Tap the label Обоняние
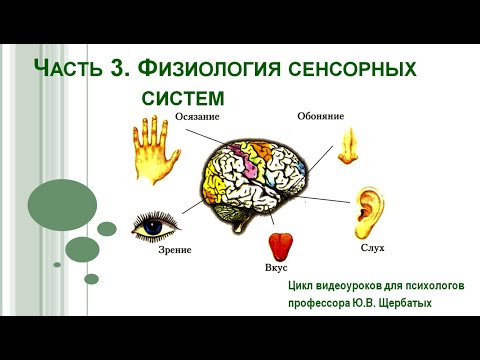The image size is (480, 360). pos(320,116)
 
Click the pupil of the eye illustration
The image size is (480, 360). pos(153,226)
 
